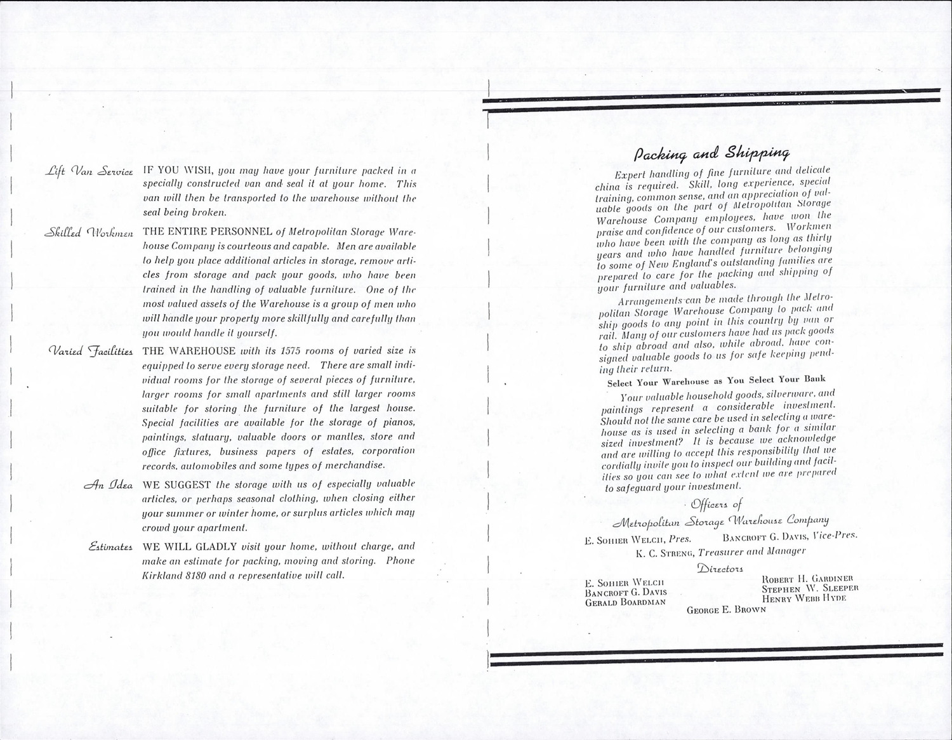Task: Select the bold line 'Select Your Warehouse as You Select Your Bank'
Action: [x=716, y=381]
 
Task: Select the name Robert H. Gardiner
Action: [x=811, y=578]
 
